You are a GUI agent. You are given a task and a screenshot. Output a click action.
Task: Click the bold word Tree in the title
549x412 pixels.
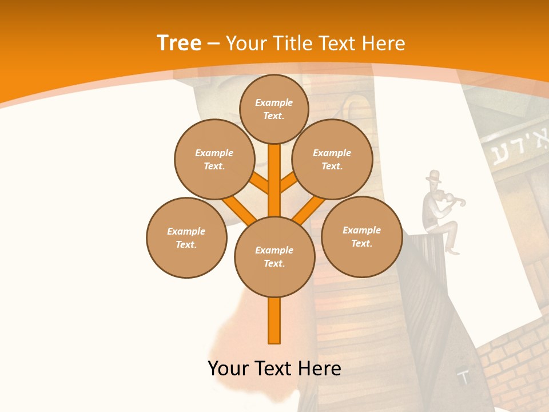[x=179, y=43]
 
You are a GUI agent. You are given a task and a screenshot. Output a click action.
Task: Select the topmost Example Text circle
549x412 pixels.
[x=274, y=109]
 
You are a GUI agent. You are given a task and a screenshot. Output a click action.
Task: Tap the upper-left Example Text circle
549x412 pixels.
[x=214, y=159]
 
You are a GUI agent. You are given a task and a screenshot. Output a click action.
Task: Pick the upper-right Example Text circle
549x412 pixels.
[x=332, y=159]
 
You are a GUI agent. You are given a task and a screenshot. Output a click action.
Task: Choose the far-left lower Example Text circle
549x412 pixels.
[x=186, y=237]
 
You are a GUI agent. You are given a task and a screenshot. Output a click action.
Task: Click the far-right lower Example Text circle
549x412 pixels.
[x=361, y=236]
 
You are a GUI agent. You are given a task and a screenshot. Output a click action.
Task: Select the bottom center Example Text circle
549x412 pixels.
[x=274, y=257]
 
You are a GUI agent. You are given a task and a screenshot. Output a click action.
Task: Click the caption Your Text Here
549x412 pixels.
[x=274, y=369]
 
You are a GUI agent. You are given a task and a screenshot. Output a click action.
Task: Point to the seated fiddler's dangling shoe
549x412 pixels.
[x=452, y=251]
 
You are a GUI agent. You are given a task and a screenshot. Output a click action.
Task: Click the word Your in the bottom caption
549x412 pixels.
[x=228, y=369]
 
